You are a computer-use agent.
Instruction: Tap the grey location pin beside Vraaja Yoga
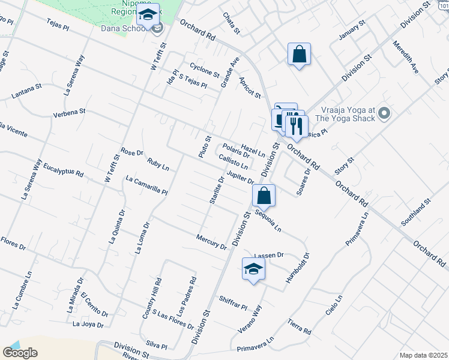(385, 113)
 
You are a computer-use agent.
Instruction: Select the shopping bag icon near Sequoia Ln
(264, 196)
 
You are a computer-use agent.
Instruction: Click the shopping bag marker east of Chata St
(299, 55)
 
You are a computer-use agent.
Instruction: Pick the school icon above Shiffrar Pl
(253, 270)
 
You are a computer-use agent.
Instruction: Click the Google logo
(20, 353)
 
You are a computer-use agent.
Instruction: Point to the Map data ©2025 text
(423, 355)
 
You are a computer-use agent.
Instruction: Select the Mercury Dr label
(211, 241)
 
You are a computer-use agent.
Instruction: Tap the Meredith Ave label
(406, 57)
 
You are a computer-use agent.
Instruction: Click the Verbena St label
(70, 112)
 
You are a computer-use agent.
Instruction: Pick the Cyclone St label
(204, 70)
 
